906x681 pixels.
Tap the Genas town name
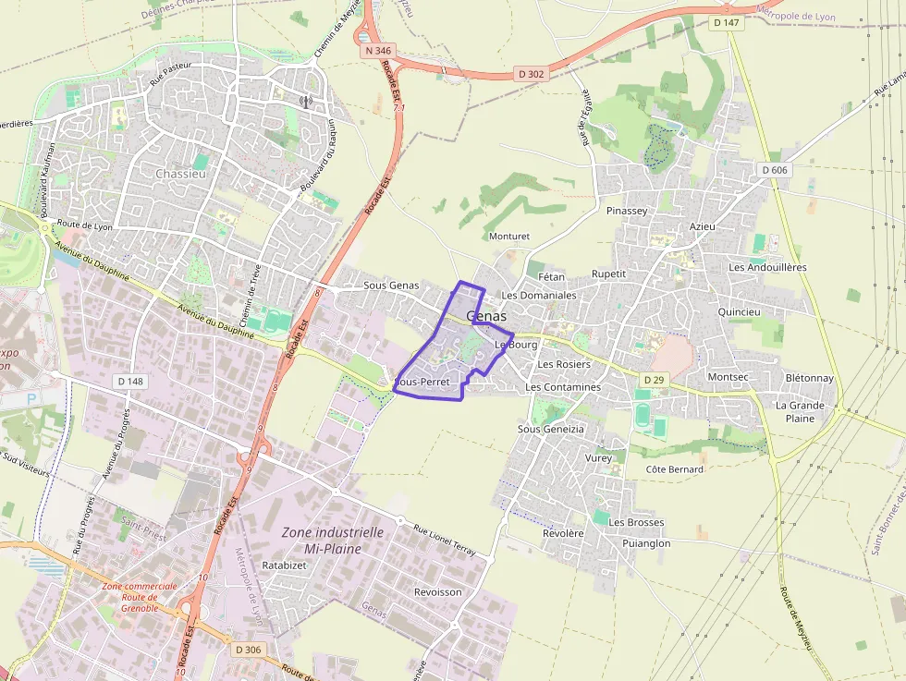click(486, 316)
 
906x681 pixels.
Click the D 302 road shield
click(532, 74)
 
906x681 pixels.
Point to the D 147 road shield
click(728, 22)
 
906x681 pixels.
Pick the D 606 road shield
click(776, 170)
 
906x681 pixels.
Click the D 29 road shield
click(654, 380)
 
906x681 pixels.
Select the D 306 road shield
click(248, 650)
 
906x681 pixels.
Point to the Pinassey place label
click(627, 211)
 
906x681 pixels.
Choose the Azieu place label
click(703, 226)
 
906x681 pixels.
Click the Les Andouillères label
click(767, 267)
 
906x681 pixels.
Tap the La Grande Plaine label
click(800, 411)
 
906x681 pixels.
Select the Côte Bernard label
click(674, 469)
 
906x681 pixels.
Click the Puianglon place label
click(646, 543)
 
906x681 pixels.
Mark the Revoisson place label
click(437, 591)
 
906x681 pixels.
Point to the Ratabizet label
click(284, 564)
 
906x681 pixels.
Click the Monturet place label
click(508, 237)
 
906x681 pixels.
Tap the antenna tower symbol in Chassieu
click(306, 103)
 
